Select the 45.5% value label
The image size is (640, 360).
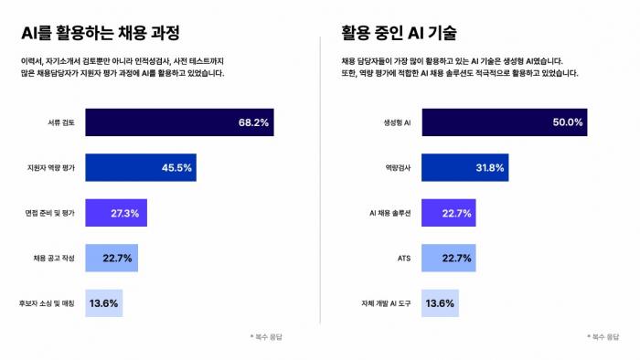pyautogui.click(x=176, y=167)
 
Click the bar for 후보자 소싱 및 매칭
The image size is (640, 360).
pyautogui.click(x=103, y=302)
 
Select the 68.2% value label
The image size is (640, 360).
pyautogui.click(x=253, y=122)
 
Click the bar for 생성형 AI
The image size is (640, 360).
pyautogui.click(x=504, y=122)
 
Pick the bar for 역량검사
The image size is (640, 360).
pyautogui.click(x=464, y=167)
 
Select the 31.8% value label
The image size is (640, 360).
pyautogui.click(x=488, y=167)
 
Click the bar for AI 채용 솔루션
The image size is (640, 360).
pyautogui.click(x=447, y=213)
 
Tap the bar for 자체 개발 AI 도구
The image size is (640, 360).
pyautogui.click(x=440, y=302)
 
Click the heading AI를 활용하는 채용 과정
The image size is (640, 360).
pyautogui.click(x=100, y=33)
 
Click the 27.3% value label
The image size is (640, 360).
pyautogui.click(x=125, y=213)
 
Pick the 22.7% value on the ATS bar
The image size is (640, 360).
pyautogui.click(x=454, y=259)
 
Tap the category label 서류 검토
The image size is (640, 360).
pyautogui.click(x=61, y=122)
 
